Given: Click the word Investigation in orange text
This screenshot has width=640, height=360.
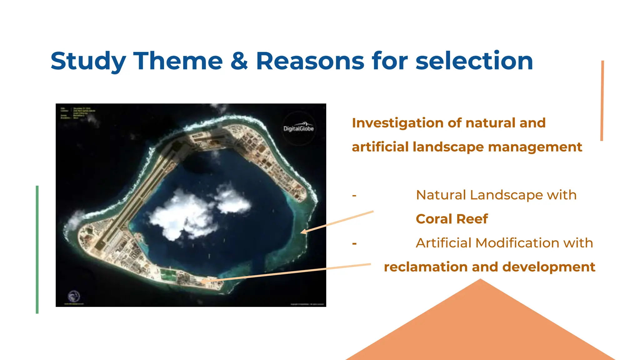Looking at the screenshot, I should point(397,123).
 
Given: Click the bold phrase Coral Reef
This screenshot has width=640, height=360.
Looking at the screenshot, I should point(452,219).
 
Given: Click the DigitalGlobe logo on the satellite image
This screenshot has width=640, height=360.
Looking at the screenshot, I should point(298,128).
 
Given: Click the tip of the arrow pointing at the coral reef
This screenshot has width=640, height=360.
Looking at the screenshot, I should point(301,232).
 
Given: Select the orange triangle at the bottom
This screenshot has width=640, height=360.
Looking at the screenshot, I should point(480,328).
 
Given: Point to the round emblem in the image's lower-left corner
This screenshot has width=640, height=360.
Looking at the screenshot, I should point(74,296).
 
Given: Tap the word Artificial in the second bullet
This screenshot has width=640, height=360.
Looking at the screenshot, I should point(443,243).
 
